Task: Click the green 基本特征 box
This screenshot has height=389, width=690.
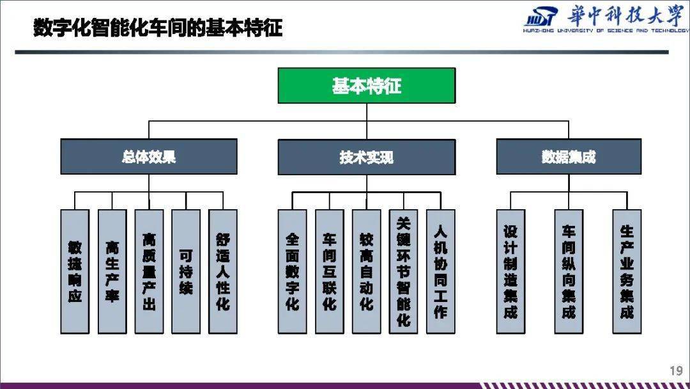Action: [x=367, y=86]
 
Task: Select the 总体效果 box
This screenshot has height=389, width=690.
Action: [x=149, y=156]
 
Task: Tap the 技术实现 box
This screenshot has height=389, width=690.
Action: [x=367, y=157]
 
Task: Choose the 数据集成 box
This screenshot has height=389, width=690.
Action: [x=569, y=156]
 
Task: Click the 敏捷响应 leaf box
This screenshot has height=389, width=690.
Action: [x=75, y=271]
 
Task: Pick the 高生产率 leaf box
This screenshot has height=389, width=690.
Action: [x=112, y=271]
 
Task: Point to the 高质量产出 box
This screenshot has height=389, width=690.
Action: [x=149, y=271]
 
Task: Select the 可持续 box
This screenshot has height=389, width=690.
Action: [x=186, y=271]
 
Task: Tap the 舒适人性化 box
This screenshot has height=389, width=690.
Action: [x=223, y=271]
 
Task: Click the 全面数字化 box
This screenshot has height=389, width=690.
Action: [x=292, y=271]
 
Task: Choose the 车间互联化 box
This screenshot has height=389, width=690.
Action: [x=330, y=271]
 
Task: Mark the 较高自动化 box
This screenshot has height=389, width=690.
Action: [x=367, y=271]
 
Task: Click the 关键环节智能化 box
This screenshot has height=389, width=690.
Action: [x=404, y=271]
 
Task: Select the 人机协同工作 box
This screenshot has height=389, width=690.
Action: [x=440, y=271]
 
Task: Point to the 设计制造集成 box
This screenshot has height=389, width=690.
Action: [x=510, y=271]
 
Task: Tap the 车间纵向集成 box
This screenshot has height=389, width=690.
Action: [x=569, y=271]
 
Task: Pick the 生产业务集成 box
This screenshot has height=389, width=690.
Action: [x=627, y=271]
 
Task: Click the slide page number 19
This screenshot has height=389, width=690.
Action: [x=677, y=370]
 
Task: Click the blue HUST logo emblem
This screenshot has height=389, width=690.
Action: [x=541, y=18]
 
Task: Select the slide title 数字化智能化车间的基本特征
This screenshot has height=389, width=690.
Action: [x=158, y=28]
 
